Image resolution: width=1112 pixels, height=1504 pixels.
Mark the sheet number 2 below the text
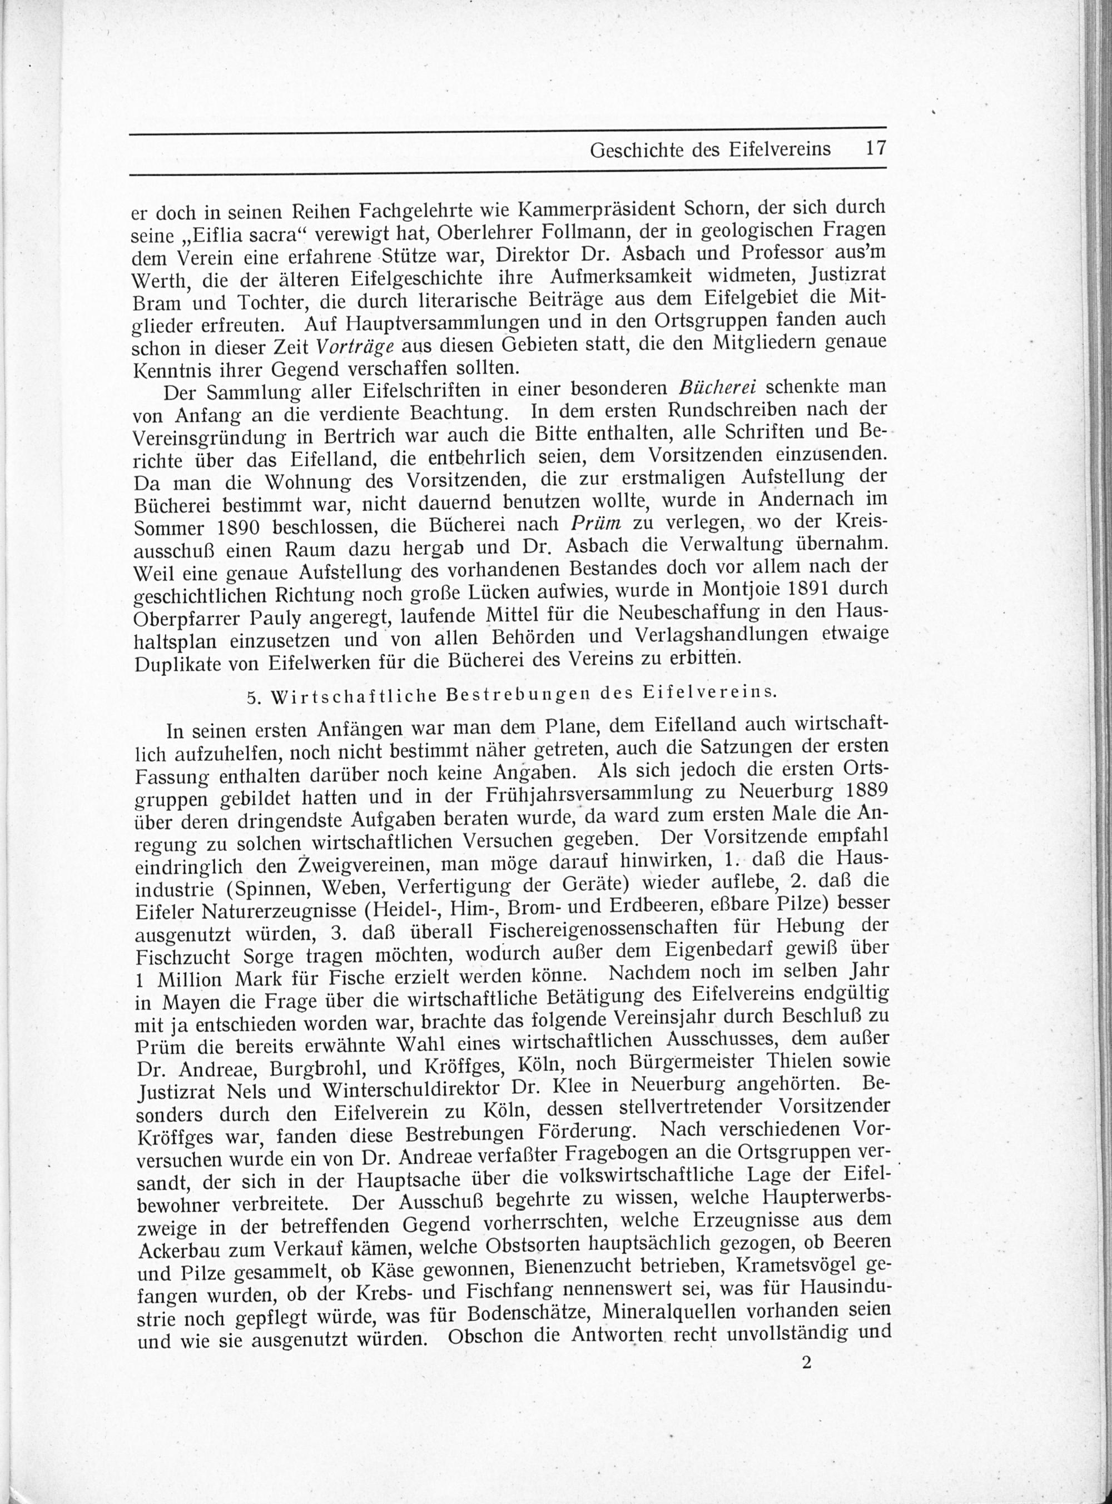point(807,1362)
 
